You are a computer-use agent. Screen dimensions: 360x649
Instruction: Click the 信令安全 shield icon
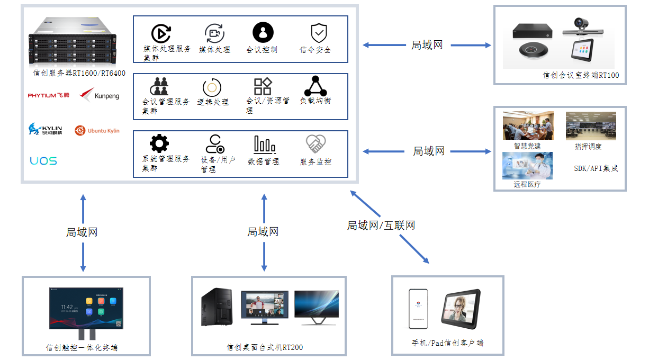(x=319, y=33)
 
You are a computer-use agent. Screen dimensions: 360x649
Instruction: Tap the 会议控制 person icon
(x=263, y=32)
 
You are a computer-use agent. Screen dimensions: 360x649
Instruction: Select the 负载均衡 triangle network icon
(x=316, y=86)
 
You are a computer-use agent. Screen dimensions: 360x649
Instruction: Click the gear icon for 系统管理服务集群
(x=159, y=143)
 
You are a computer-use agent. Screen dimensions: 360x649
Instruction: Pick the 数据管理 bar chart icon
(x=264, y=145)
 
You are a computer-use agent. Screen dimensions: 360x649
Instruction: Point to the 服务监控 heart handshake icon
(x=316, y=144)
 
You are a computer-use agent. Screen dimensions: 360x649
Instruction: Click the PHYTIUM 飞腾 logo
(x=49, y=95)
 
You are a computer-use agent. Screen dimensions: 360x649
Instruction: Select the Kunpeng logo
(x=100, y=95)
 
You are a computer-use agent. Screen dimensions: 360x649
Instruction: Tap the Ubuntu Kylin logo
(x=97, y=130)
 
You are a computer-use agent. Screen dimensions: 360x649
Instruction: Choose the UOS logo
(x=43, y=161)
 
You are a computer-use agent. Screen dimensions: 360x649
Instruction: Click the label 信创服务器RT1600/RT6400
(x=79, y=73)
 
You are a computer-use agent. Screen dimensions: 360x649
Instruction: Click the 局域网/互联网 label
(x=381, y=226)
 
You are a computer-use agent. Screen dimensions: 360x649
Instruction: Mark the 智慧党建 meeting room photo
(x=528, y=125)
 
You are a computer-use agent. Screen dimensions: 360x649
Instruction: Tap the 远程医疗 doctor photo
(x=527, y=166)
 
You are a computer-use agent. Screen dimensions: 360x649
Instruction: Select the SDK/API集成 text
(x=596, y=168)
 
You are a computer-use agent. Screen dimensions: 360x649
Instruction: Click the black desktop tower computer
(x=217, y=307)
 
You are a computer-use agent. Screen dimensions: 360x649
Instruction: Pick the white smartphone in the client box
(x=418, y=309)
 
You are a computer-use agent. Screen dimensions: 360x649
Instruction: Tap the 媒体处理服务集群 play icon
(x=160, y=33)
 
